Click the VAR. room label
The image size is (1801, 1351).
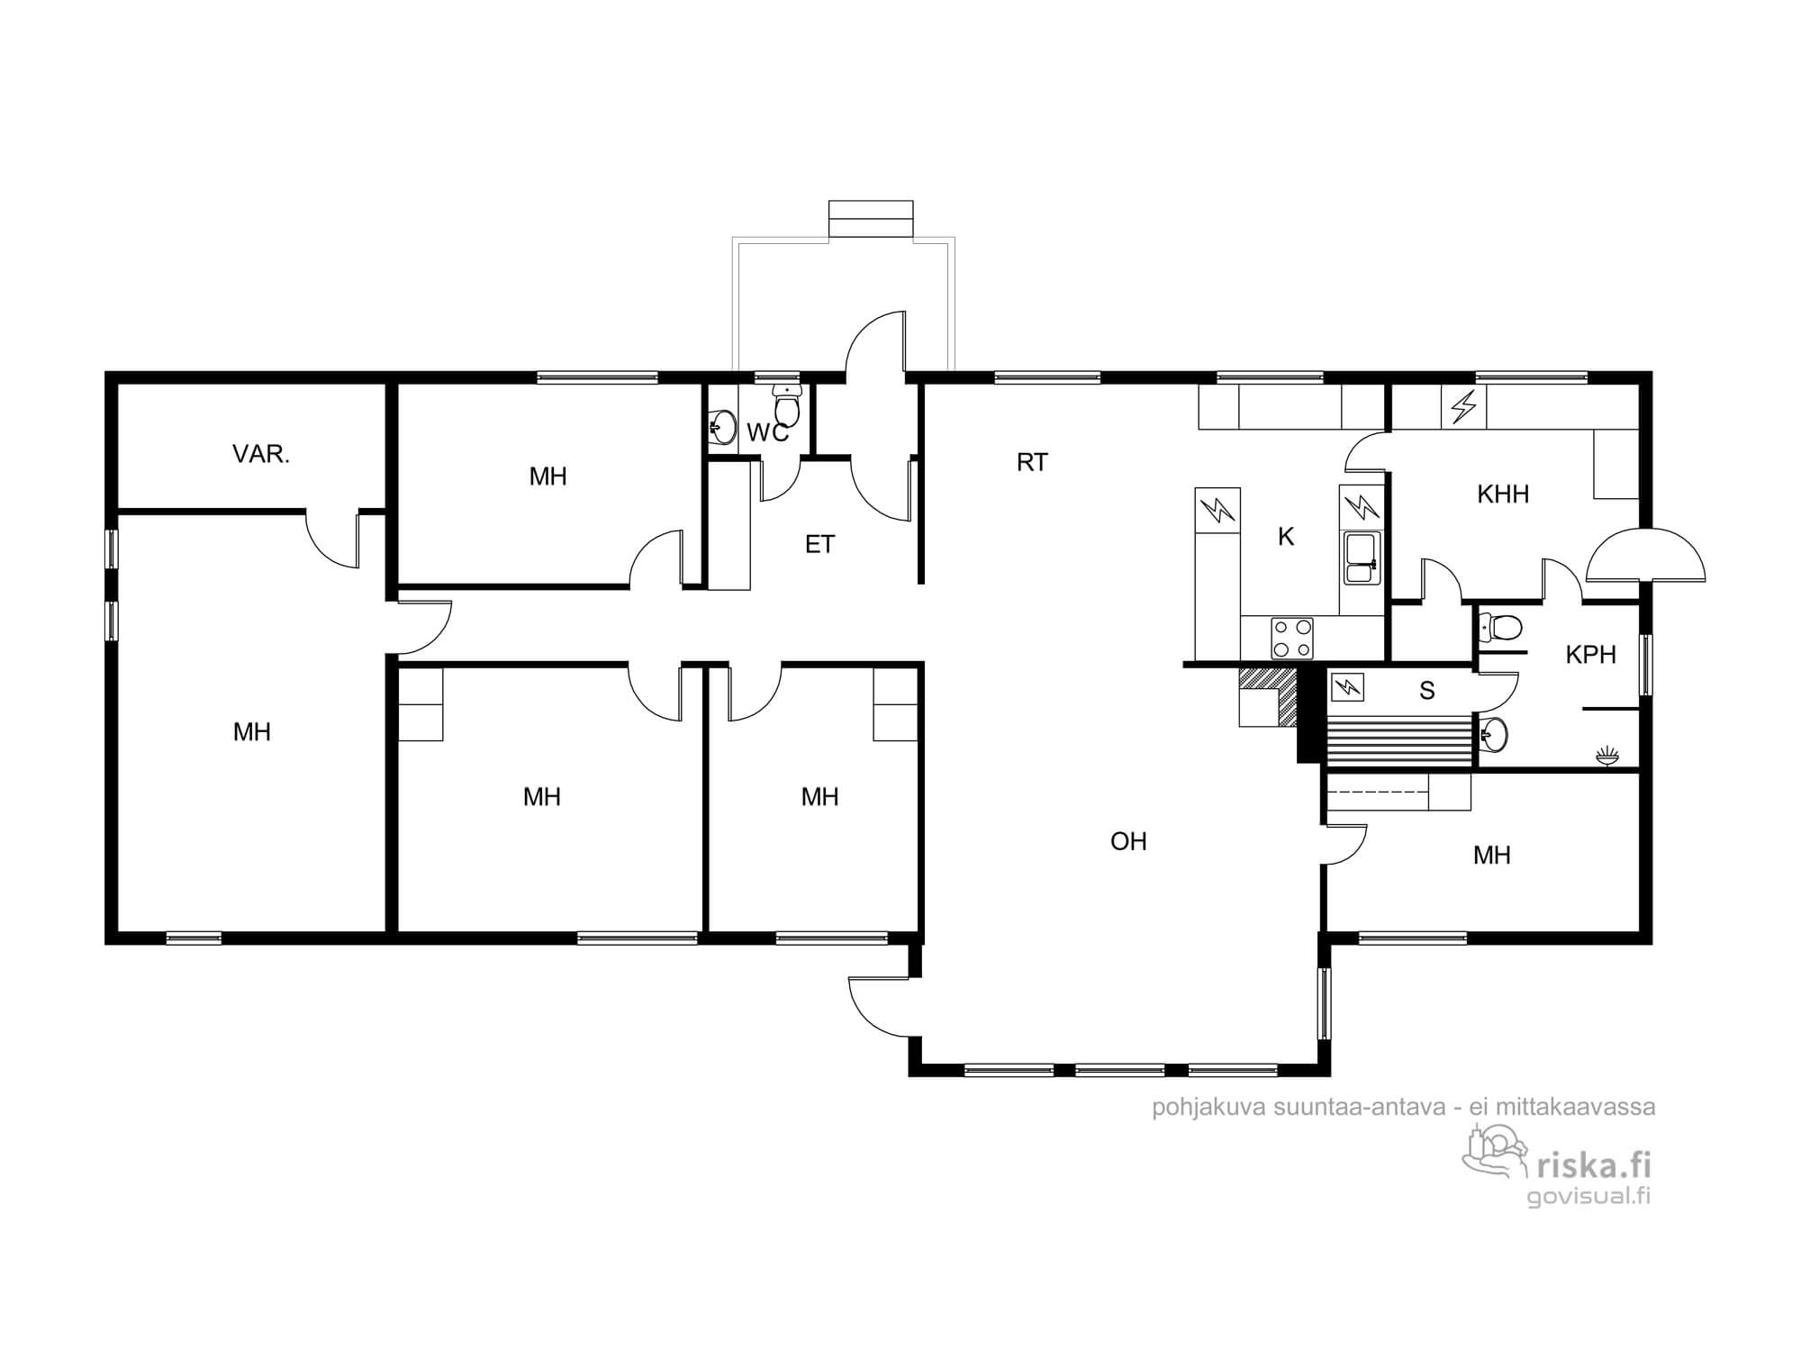pyautogui.click(x=261, y=454)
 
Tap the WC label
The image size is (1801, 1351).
pyautogui.click(x=767, y=433)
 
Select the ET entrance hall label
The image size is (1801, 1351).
pyautogui.click(x=819, y=544)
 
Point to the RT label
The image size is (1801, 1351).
pyautogui.click(x=1032, y=462)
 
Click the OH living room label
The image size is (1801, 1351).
pyautogui.click(x=1128, y=841)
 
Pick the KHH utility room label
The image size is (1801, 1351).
pyautogui.click(x=1503, y=494)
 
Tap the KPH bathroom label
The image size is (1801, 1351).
pyautogui.click(x=1590, y=655)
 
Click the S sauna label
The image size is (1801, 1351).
pyautogui.click(x=1426, y=691)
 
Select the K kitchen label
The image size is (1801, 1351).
pyautogui.click(x=1286, y=537)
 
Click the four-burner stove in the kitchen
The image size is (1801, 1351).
pyautogui.click(x=1292, y=638)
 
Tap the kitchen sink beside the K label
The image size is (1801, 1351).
pyautogui.click(x=1360, y=558)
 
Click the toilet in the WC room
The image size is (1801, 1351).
pyautogui.click(x=788, y=406)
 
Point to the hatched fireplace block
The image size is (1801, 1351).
pyautogui.click(x=1269, y=696)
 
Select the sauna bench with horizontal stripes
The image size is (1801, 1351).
pyautogui.click(x=1399, y=741)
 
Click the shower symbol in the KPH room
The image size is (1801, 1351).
pyautogui.click(x=1606, y=757)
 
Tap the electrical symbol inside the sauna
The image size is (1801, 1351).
pyautogui.click(x=1346, y=687)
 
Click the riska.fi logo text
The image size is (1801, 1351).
pyautogui.click(x=1593, y=1165)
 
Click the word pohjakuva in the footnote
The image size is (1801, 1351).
pyautogui.click(x=1208, y=1107)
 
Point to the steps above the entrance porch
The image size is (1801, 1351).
pyautogui.click(x=871, y=220)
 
